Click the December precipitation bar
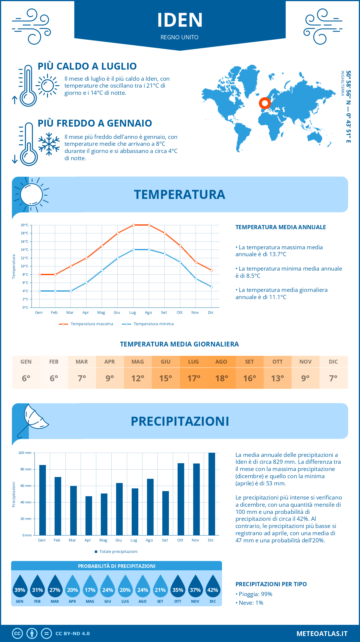point(211,494)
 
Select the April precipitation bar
point(88,515)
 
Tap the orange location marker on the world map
point(265,103)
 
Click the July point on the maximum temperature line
point(133,225)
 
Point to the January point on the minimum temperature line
point(40,291)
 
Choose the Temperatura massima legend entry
point(86,324)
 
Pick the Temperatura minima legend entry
point(148,324)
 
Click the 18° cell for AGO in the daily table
point(221,378)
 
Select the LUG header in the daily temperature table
point(193,362)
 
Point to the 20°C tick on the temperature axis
point(25,225)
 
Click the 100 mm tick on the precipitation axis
point(25,453)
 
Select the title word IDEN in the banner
point(180,20)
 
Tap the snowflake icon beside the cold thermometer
point(49,144)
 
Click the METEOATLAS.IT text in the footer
point(322,634)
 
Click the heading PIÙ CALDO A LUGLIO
point(87,66)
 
